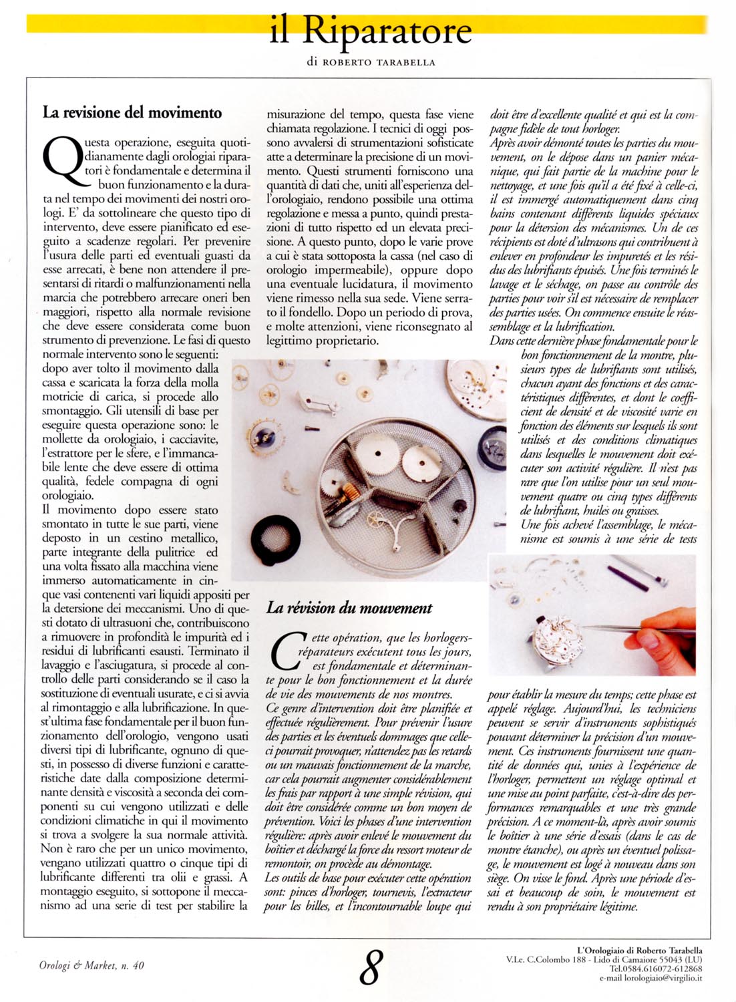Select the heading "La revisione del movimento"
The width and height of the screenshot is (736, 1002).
click(132, 112)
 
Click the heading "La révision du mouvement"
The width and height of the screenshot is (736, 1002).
click(349, 608)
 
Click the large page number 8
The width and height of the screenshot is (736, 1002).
click(371, 967)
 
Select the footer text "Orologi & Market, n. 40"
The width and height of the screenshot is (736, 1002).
click(91, 965)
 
